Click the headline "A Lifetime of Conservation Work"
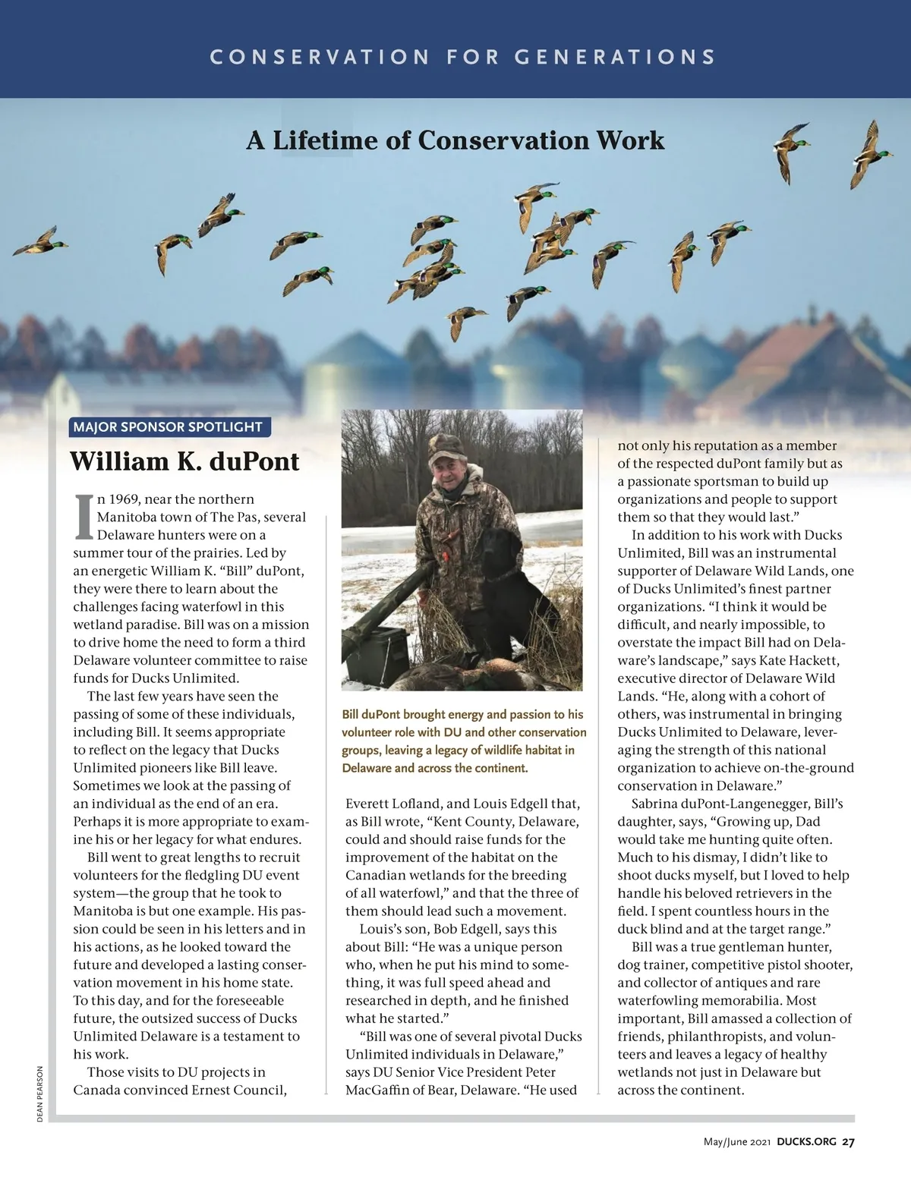tap(455, 140)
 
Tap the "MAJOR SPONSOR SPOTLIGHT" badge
tap(168, 427)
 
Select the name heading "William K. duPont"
tap(184, 461)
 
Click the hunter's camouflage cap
tap(446, 448)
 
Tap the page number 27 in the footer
tap(848, 1142)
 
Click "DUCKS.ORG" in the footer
tap(806, 1142)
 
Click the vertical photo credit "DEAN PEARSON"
tap(40, 1094)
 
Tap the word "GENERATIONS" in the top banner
tap(614, 57)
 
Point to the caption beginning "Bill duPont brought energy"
tap(463, 741)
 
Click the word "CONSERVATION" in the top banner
tap(320, 57)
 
